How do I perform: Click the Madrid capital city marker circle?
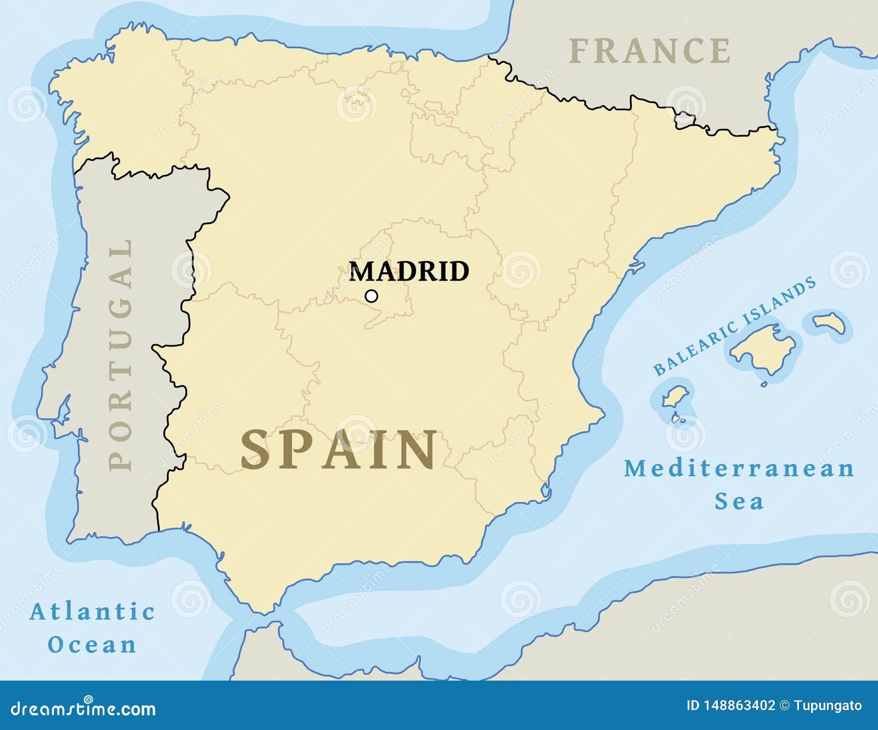[372, 296]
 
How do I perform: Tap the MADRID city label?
[409, 271]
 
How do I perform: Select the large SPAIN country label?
[339, 450]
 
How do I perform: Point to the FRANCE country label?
[650, 51]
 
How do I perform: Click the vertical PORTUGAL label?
[121, 355]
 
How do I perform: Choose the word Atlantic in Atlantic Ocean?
[92, 611]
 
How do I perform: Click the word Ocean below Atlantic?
[92, 644]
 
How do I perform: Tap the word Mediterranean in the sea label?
[739, 468]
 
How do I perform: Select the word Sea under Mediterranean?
[739, 501]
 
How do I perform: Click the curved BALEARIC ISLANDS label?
[734, 327]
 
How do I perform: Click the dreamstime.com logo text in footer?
[80, 709]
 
